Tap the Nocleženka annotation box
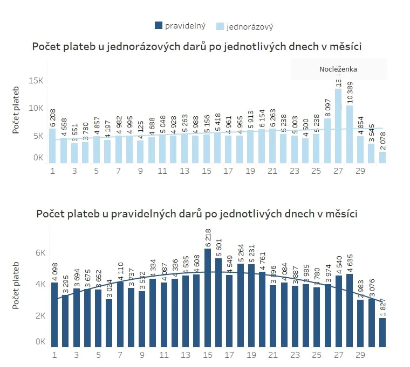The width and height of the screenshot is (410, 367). tap(338, 69)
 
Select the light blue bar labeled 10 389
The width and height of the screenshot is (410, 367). tap(349, 135)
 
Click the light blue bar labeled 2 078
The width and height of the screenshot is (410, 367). tap(382, 157)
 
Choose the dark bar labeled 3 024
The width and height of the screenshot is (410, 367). tap(109, 322)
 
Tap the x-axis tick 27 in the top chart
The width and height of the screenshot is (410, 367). tap(338, 171)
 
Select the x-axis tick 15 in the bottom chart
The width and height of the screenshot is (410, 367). tap(207, 355)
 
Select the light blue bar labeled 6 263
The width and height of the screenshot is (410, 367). tap(272, 146)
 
